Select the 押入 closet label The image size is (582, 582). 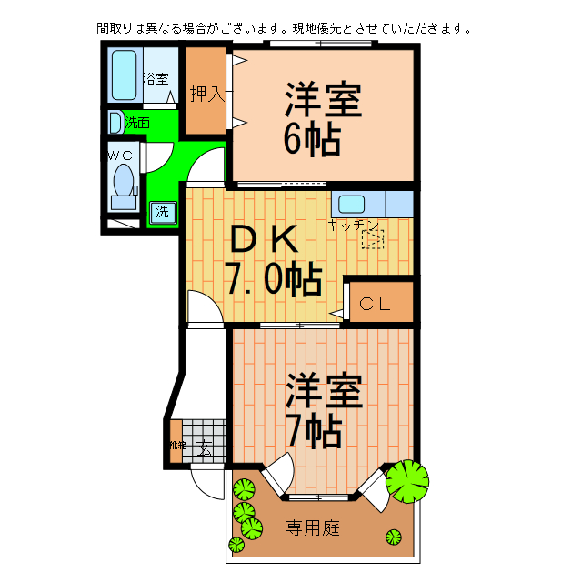click(x=206, y=93)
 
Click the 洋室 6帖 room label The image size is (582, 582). click(x=323, y=118)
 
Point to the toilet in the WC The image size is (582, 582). click(x=122, y=182)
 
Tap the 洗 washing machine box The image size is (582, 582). click(x=162, y=213)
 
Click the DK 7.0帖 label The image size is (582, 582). click(x=272, y=260)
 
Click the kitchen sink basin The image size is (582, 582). click(x=352, y=204)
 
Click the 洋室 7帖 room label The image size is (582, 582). click(x=324, y=410)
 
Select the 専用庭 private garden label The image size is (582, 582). click(x=313, y=527)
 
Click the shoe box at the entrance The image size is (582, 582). click(x=176, y=445)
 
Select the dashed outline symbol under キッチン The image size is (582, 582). click(x=373, y=239)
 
